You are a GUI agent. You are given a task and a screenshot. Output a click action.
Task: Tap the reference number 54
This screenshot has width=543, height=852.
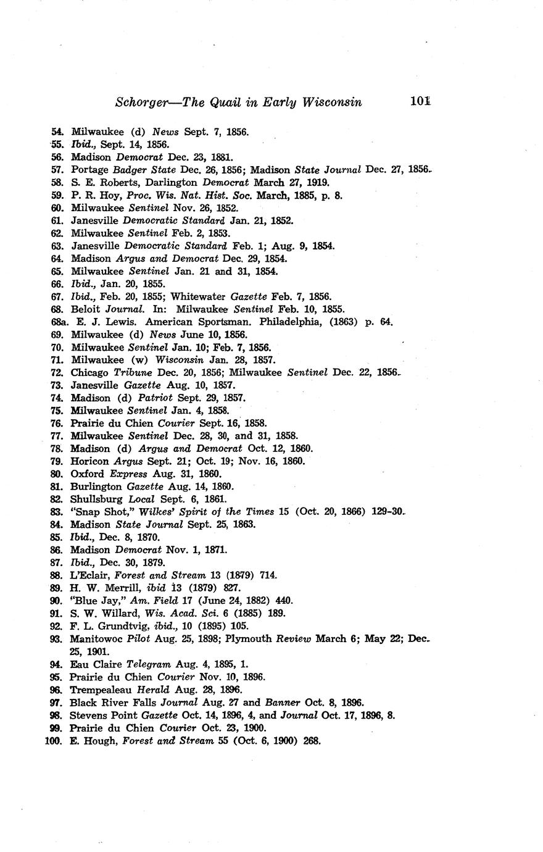pyautogui.click(x=57, y=132)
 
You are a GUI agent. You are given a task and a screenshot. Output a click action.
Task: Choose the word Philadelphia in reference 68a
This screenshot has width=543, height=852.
pyautogui.click(x=290, y=322)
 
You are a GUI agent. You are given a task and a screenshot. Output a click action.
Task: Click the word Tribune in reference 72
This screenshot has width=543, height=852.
pyautogui.click(x=133, y=372)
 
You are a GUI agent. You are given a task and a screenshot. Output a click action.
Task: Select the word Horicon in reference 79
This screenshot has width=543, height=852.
pyautogui.click(x=88, y=461)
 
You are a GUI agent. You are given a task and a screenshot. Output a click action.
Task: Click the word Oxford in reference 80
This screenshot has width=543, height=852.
pyautogui.click(x=87, y=474)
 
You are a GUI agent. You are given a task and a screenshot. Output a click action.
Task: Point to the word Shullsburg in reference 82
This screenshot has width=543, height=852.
pyautogui.click(x=96, y=499)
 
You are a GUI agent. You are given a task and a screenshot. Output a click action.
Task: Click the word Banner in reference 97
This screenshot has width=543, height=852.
pyautogui.click(x=282, y=703)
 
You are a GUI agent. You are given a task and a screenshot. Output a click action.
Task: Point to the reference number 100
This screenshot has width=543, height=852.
pyautogui.click(x=54, y=741)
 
